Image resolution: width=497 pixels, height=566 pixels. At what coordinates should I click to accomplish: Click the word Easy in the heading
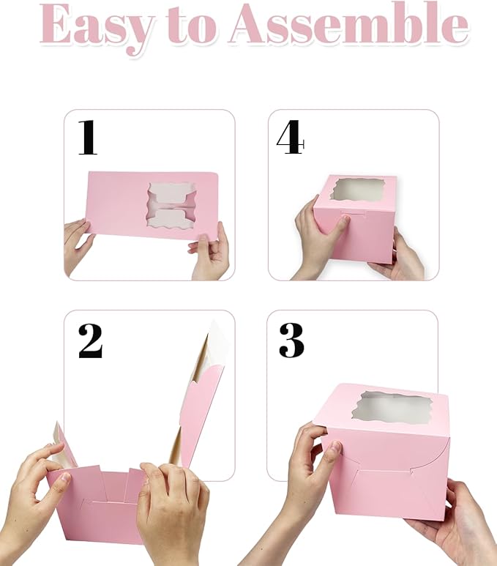(98, 27)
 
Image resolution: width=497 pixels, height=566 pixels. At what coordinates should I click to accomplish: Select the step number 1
(88, 138)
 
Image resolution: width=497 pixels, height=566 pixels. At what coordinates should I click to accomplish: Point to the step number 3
(291, 340)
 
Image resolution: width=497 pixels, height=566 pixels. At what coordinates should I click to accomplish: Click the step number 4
(290, 138)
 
